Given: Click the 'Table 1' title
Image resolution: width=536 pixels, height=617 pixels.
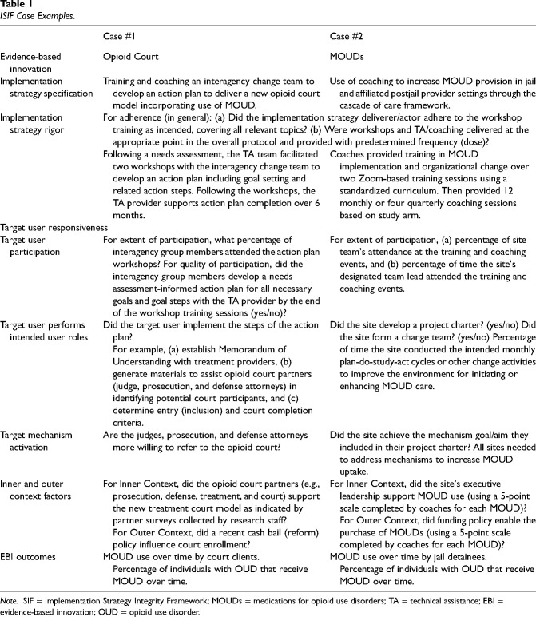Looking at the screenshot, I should [18, 6].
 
